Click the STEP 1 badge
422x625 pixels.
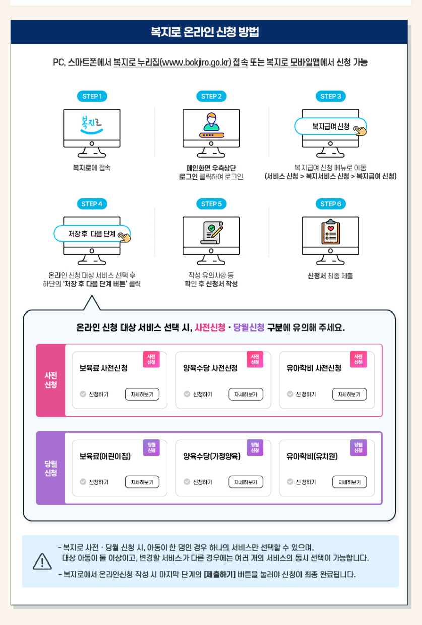[92, 96]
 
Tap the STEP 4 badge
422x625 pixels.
[92, 204]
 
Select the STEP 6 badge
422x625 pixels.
[331, 204]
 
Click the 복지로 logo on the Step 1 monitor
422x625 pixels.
[92, 124]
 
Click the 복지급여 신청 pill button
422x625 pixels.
[331, 127]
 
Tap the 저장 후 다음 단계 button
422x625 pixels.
[92, 234]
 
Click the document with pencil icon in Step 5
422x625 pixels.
[211, 232]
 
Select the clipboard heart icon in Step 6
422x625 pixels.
[331, 232]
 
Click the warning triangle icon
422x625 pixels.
[42, 561]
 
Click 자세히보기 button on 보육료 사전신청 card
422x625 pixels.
[142, 394]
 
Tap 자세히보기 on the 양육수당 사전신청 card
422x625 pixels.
[246, 394]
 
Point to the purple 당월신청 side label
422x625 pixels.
[51, 468]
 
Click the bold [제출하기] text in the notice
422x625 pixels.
[220, 574]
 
